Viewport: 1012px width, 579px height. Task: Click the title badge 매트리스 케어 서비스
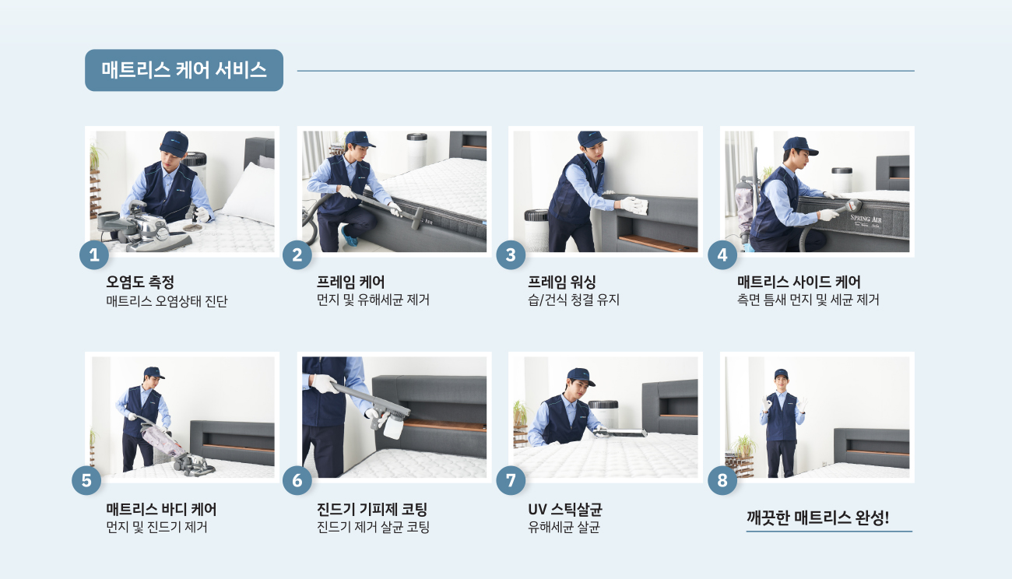point(184,70)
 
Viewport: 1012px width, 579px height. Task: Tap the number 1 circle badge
point(94,255)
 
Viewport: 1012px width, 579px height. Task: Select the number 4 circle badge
point(722,255)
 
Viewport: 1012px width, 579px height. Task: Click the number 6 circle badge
point(297,480)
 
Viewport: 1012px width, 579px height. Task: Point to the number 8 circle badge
point(722,480)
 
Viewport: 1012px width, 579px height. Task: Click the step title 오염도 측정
point(140,282)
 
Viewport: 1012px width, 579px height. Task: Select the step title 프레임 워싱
point(562,282)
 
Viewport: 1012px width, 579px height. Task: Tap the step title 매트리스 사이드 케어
point(799,282)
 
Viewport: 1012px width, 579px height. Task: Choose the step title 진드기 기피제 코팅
point(372,510)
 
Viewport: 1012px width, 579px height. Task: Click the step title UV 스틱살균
point(565,510)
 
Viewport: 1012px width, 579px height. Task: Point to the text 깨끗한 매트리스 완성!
point(817,518)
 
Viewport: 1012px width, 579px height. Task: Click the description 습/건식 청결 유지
point(574,300)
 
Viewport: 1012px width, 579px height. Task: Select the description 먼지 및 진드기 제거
point(156,527)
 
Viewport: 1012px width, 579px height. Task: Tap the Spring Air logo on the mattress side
point(866,221)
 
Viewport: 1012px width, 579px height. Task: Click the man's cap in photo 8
point(782,374)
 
